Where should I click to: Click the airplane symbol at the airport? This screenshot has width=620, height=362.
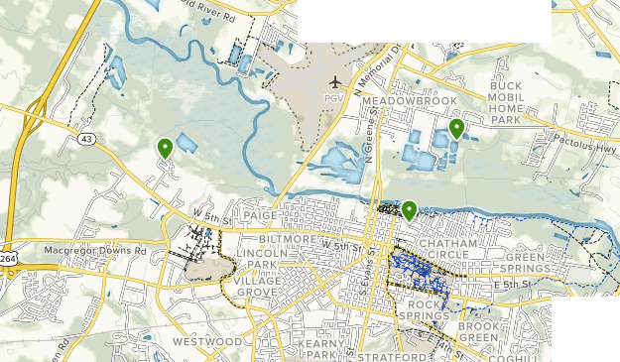click(335, 81)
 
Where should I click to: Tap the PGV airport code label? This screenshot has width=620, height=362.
click(334, 98)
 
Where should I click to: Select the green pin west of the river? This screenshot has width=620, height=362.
click(165, 148)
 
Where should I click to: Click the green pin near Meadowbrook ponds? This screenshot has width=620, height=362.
click(456, 128)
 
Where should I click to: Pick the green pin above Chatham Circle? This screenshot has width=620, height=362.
click(409, 209)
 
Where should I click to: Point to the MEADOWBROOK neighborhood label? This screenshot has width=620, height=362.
click(409, 101)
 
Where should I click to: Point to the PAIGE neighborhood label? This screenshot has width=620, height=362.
click(260, 214)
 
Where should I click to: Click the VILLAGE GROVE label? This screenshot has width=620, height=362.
click(258, 287)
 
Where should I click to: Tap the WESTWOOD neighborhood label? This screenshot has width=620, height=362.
click(207, 341)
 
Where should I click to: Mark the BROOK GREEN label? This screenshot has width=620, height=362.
click(479, 331)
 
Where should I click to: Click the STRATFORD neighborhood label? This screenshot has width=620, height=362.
click(383, 355)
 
